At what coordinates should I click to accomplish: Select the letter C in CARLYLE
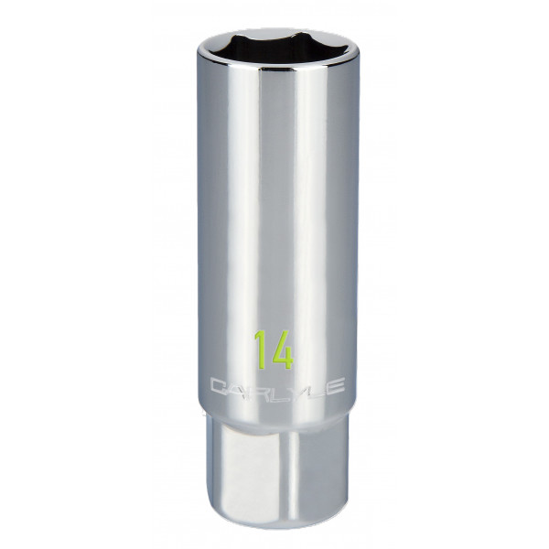pyautogui.click(x=218, y=388)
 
